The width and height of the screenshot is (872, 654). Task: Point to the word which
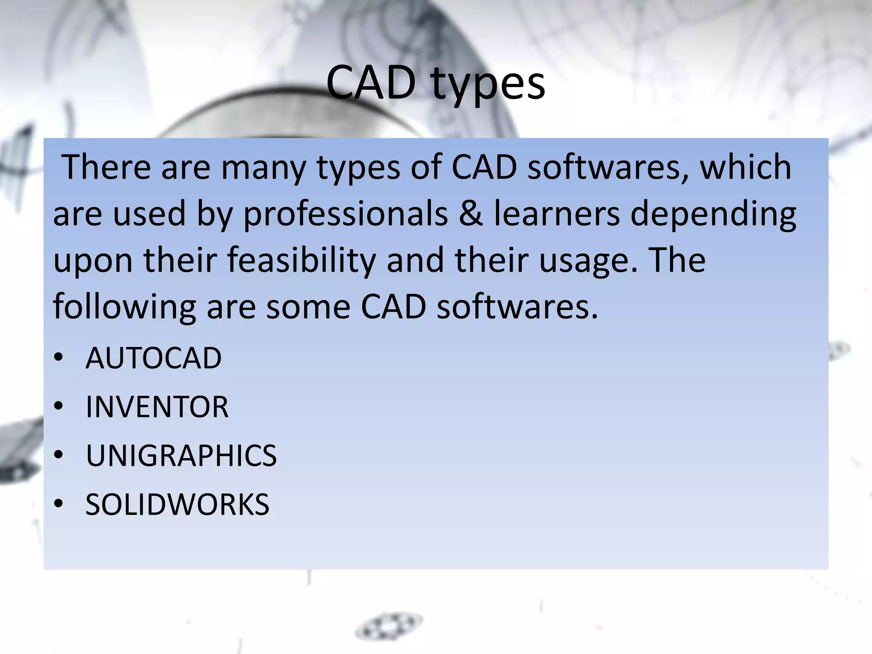pyautogui.click(x=746, y=167)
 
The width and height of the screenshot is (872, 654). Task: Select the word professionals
pyautogui.click(x=345, y=214)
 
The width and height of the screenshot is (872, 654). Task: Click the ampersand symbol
pyautogui.click(x=471, y=214)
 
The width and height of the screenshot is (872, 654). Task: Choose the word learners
pyautogui.click(x=557, y=214)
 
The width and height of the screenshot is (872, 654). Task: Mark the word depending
pyautogui.click(x=713, y=215)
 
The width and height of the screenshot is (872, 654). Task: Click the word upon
pyautogui.click(x=93, y=261)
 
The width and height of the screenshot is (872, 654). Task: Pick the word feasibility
pyautogui.click(x=301, y=261)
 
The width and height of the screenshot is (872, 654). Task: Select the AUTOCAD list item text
pyautogui.click(x=153, y=358)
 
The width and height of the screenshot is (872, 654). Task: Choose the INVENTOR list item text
pyautogui.click(x=157, y=407)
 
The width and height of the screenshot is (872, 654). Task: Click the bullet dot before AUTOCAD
pyautogui.click(x=59, y=357)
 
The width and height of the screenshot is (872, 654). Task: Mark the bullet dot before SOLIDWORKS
pyautogui.click(x=59, y=504)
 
